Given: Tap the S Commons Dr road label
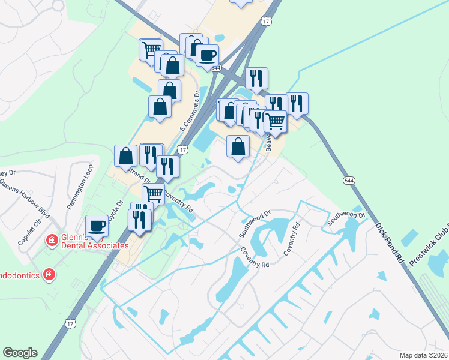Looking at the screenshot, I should [x=189, y=112].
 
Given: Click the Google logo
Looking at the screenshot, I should [x=20, y=353].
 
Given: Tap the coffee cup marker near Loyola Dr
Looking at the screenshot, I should [x=97, y=226].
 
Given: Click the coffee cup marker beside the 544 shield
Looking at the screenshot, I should [x=207, y=56].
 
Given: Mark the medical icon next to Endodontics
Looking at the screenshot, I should [x=49, y=275].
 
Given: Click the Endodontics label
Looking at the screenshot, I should [x=19, y=275].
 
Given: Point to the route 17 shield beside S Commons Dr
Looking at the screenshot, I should [x=184, y=149].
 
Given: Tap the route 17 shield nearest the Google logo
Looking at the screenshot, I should [x=70, y=323].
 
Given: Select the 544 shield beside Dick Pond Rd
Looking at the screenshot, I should [x=349, y=180].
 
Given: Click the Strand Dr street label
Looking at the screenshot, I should [x=139, y=175].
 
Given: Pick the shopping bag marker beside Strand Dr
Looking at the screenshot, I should [x=126, y=156].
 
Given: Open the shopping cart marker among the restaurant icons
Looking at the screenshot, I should [x=275, y=121].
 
